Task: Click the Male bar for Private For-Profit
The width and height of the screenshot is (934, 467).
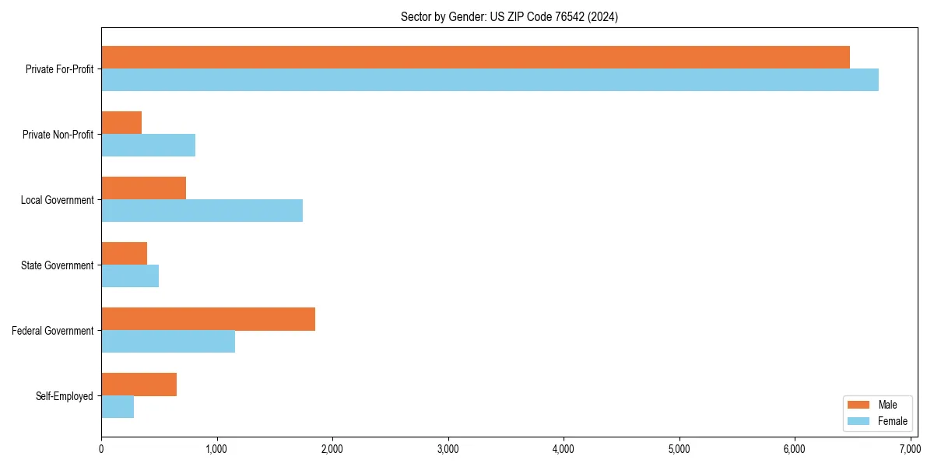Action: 475,58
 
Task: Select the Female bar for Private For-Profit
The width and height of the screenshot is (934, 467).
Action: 490,79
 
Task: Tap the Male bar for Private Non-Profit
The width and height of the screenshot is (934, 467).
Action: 121,123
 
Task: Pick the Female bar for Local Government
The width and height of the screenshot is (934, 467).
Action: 202,210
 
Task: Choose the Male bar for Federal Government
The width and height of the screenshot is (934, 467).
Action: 208,319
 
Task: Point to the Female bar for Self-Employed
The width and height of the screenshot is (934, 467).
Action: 118,406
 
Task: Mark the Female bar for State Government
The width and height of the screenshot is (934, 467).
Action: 130,276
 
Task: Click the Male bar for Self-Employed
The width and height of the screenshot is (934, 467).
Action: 139,384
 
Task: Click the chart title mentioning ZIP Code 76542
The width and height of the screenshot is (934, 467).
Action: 509,16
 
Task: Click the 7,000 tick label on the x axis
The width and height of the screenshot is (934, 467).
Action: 910,449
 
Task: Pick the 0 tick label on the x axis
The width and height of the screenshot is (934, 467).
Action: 101,449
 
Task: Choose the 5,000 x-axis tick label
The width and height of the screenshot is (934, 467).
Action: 679,449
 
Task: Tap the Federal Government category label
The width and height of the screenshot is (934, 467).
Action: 53,331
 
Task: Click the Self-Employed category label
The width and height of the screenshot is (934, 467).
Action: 65,396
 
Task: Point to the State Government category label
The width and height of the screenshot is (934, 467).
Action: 58,265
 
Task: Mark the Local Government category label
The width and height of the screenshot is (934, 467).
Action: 57,200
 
